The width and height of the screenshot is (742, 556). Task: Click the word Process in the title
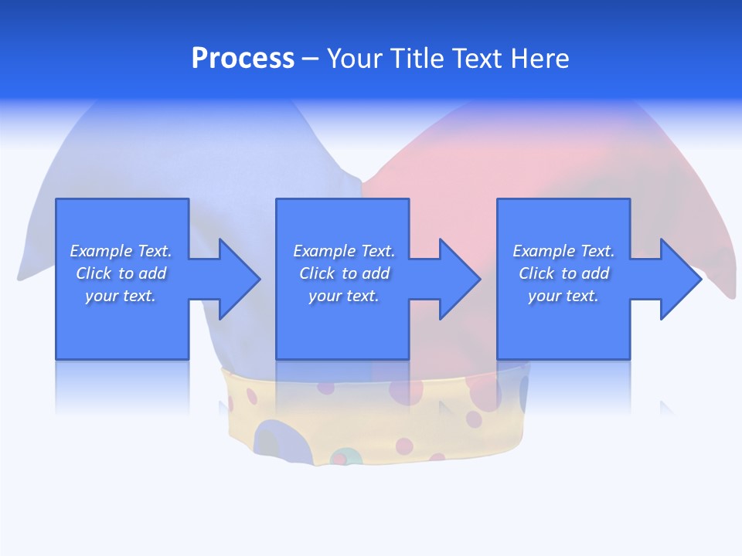click(x=243, y=59)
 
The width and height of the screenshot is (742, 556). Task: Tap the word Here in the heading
click(x=540, y=59)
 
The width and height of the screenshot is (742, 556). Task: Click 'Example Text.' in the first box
click(x=121, y=251)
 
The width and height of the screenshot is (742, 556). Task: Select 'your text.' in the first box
click(x=121, y=296)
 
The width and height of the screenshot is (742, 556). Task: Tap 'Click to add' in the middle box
click(x=344, y=273)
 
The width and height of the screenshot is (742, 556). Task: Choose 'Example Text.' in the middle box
click(x=344, y=251)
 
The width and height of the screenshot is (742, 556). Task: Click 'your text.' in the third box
click(x=563, y=296)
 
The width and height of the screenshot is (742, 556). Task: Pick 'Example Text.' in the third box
click(x=563, y=251)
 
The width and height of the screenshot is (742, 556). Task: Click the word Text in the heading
click(x=472, y=59)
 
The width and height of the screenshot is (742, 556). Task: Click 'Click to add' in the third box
click(x=563, y=273)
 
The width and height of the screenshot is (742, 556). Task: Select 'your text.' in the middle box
click(x=344, y=296)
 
